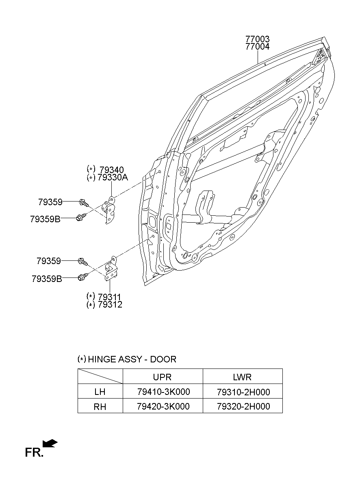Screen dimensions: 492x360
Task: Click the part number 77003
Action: click(x=257, y=39)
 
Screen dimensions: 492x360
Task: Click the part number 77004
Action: click(x=257, y=47)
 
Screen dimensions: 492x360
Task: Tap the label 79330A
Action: click(x=113, y=177)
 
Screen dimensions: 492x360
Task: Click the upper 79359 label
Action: click(x=50, y=202)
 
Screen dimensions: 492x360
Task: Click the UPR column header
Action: click(x=162, y=377)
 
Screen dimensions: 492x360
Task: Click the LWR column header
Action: click(x=242, y=377)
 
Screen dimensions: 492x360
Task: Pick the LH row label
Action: click(x=100, y=392)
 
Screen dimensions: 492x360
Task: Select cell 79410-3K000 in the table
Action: click(x=163, y=392)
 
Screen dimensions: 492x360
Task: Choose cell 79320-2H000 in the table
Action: click(x=243, y=406)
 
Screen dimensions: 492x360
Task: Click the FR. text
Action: click(x=34, y=453)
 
